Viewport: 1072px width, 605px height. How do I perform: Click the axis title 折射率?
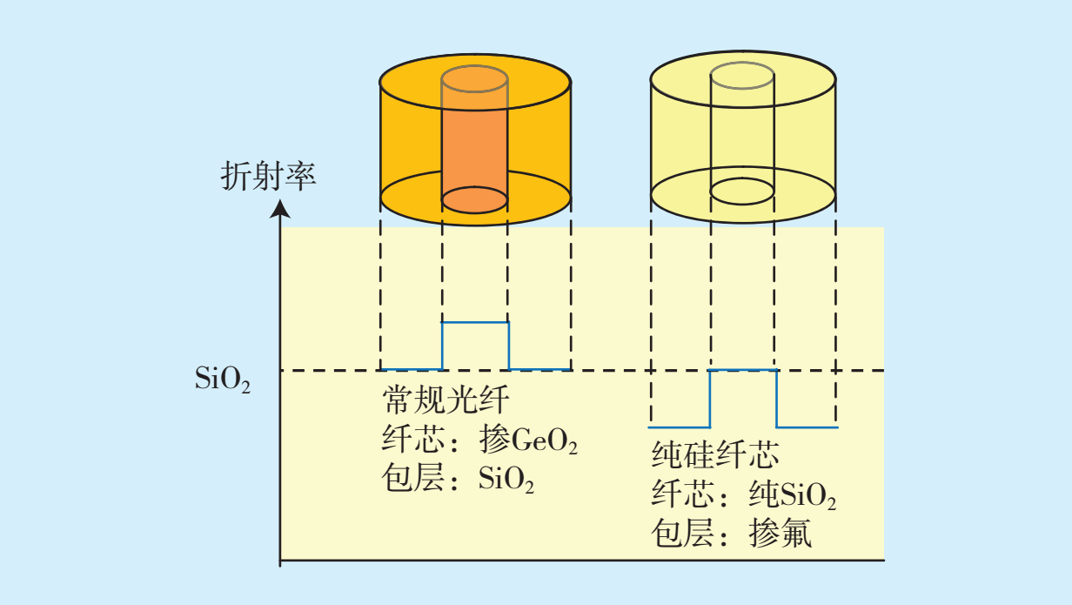click(269, 176)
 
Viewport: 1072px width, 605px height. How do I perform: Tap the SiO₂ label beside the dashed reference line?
click(223, 380)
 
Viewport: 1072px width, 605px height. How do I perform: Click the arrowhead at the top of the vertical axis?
click(280, 209)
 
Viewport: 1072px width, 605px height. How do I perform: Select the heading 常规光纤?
click(446, 400)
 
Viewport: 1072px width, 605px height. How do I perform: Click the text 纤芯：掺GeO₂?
click(479, 439)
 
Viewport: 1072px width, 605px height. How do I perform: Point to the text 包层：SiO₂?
click(458, 478)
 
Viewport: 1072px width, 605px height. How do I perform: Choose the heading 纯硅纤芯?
click(715, 454)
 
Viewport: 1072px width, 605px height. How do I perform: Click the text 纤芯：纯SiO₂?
click(744, 494)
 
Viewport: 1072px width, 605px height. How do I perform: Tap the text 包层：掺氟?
click(731, 533)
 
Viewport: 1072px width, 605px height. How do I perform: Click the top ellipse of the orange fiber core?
click(474, 65)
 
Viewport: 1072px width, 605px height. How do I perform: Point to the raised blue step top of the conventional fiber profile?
click(475, 322)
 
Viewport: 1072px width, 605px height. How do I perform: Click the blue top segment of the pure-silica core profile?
click(743, 370)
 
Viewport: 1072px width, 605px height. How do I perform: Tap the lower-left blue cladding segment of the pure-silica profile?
click(679, 427)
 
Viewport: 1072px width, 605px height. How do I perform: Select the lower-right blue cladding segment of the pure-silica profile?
click(807, 427)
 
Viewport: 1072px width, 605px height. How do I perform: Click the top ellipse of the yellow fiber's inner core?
click(742, 62)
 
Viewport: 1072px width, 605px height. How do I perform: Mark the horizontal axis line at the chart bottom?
click(582, 560)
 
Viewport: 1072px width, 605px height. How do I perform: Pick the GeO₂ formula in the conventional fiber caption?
click(545, 440)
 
